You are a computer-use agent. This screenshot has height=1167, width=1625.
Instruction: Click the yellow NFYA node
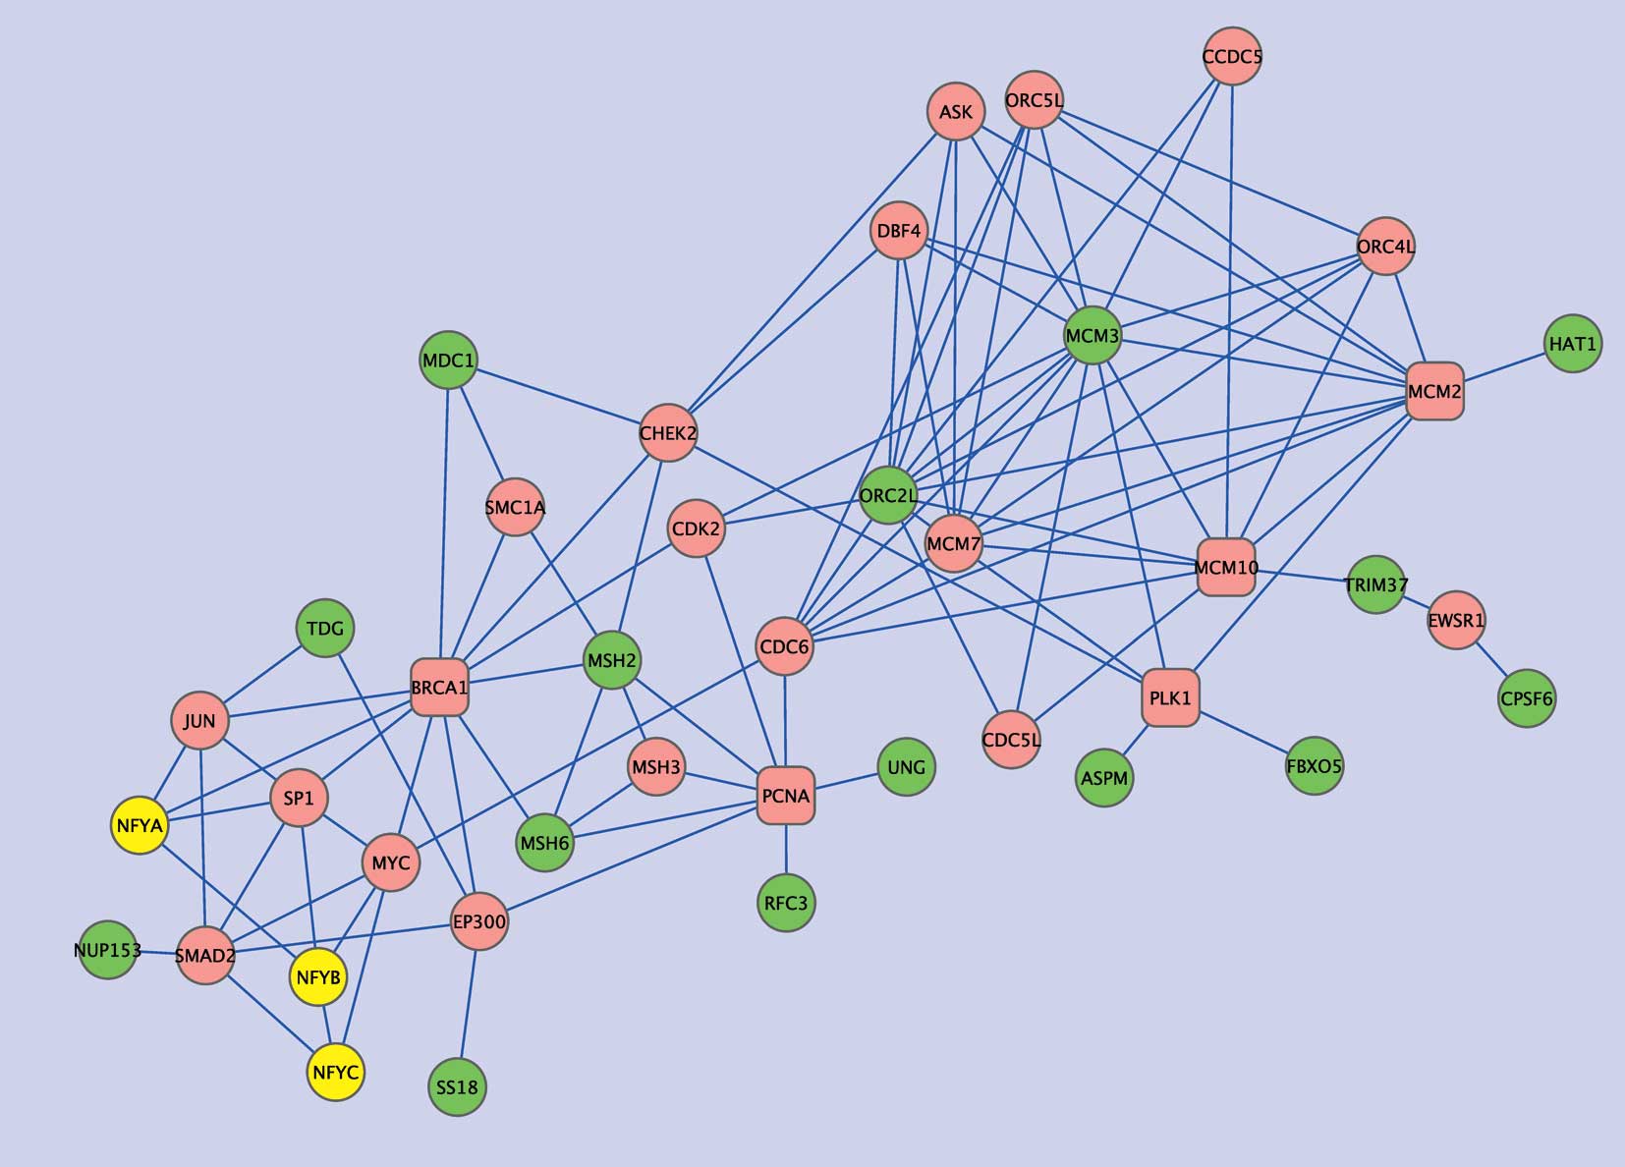click(x=140, y=825)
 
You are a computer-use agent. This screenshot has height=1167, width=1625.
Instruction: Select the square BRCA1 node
click(x=439, y=688)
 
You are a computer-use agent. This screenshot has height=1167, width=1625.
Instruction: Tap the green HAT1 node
click(x=1573, y=344)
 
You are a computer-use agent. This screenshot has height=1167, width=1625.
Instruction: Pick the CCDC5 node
click(x=1232, y=57)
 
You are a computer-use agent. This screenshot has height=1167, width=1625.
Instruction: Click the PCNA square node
click(x=786, y=795)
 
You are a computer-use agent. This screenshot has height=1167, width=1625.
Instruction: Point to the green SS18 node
click(x=458, y=1087)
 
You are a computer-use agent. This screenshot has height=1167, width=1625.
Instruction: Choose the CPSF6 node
click(x=1527, y=698)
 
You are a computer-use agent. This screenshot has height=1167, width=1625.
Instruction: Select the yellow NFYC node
click(x=336, y=1072)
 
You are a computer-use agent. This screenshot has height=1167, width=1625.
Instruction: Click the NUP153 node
click(x=107, y=950)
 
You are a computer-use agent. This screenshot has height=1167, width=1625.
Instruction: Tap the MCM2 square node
click(x=1434, y=391)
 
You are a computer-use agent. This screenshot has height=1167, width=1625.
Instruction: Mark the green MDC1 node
click(x=448, y=361)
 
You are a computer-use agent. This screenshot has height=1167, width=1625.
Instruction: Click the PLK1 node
click(x=1170, y=697)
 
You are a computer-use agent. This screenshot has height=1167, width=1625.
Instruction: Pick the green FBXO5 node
click(x=1314, y=765)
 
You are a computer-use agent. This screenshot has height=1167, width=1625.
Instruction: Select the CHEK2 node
click(x=668, y=432)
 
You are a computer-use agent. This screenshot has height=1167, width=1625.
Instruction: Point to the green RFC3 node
click(x=786, y=903)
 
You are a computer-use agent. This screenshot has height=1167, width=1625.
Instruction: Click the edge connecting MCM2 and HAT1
click(x=1504, y=367)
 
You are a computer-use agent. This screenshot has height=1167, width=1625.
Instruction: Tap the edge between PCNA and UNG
click(x=847, y=781)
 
